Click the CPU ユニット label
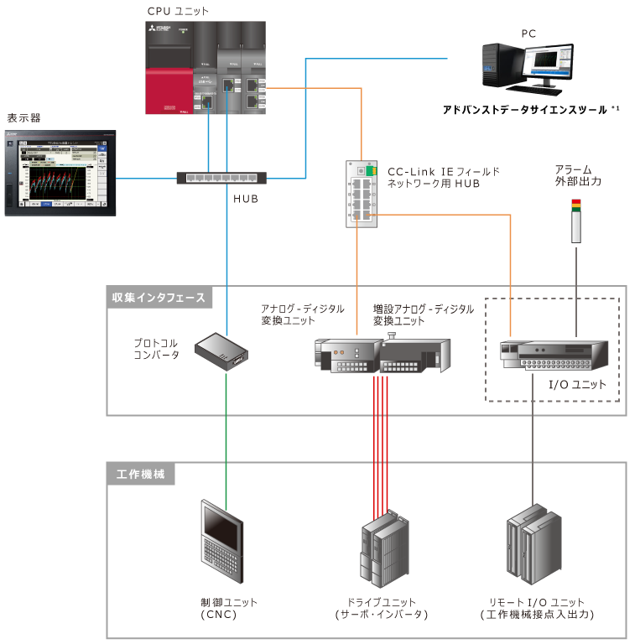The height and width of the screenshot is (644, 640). (178, 11)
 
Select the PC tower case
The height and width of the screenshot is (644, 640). (501, 65)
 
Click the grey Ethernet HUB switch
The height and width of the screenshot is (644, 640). (221, 178)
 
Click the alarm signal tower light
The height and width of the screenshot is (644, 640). (576, 221)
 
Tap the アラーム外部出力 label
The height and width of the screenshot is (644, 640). (578, 175)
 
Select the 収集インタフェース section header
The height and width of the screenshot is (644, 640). (159, 297)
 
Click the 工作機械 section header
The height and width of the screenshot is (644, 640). (141, 474)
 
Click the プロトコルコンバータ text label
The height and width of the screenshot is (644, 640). (157, 349)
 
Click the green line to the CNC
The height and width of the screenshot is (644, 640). (227, 436)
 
